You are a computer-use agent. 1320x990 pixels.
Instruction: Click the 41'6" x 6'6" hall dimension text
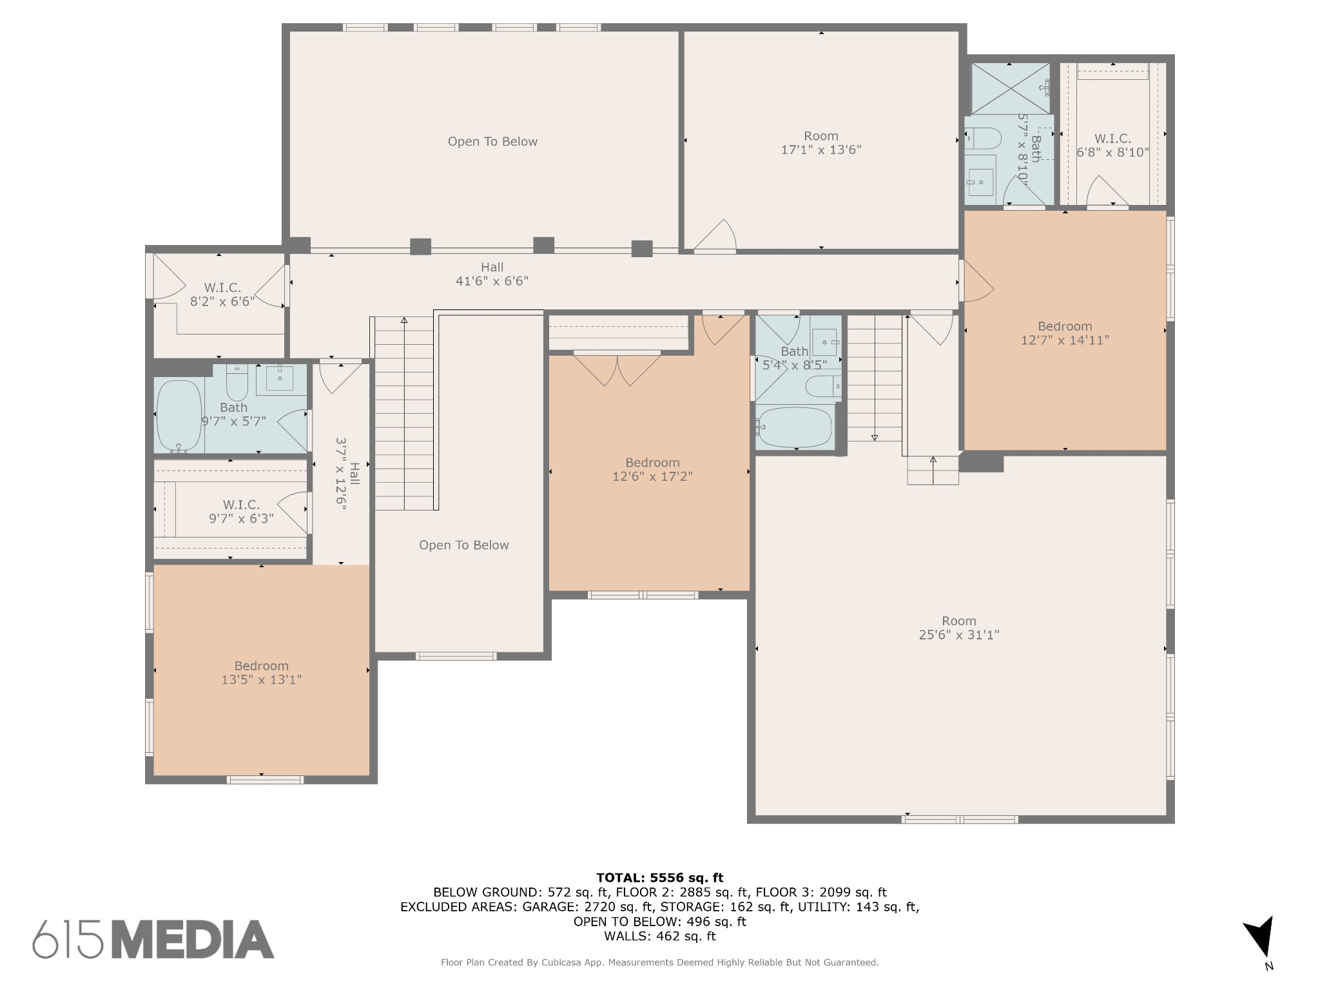pyautogui.click(x=492, y=281)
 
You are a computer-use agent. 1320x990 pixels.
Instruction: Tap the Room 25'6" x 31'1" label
pyautogui.click(x=958, y=628)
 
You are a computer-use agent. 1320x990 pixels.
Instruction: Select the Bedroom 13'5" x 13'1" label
pyautogui.click(x=261, y=672)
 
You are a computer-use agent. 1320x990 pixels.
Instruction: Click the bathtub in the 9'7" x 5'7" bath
pyautogui.click(x=179, y=415)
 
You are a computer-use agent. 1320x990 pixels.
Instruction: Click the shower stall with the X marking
pyautogui.click(x=1010, y=88)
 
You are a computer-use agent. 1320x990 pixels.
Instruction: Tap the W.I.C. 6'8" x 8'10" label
pyautogui.click(x=1112, y=146)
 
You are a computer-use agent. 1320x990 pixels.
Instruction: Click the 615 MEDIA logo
pyautogui.click(x=153, y=939)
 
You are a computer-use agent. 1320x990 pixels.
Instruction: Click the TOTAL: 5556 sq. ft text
pyautogui.click(x=659, y=877)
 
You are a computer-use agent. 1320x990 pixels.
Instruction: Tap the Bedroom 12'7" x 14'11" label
pyautogui.click(x=1064, y=333)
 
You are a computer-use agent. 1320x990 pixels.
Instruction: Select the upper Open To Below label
pyautogui.click(x=492, y=142)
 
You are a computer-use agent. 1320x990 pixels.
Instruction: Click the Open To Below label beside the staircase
pyautogui.click(x=463, y=545)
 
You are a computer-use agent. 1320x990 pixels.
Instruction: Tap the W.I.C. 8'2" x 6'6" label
pyautogui.click(x=222, y=295)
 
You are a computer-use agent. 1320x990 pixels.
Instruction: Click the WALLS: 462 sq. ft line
pyautogui.click(x=659, y=936)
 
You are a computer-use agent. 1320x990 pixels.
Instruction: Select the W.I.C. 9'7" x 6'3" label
pyautogui.click(x=241, y=511)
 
